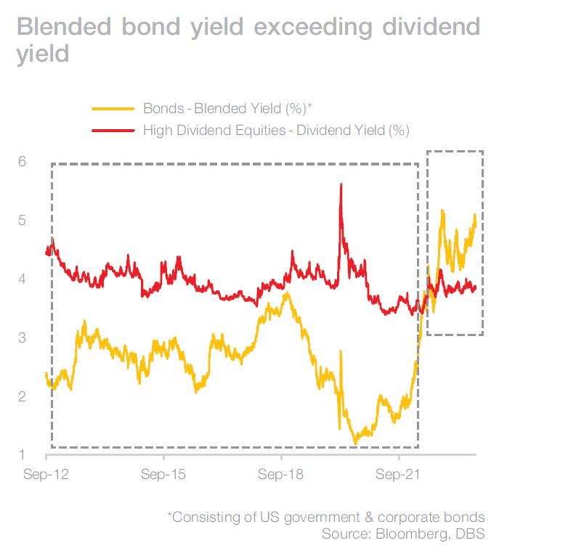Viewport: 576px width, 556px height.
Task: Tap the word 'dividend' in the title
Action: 427,26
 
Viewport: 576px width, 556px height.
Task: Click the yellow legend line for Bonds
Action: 113,108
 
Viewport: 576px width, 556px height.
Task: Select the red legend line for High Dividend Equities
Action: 113,130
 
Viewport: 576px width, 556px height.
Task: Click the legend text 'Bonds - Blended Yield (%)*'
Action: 227,108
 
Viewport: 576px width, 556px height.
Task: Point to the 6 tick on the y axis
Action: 23,161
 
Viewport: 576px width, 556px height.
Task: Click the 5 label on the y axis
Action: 23,220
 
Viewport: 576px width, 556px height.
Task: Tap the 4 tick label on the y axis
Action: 23,279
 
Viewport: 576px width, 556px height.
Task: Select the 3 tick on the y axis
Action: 23,338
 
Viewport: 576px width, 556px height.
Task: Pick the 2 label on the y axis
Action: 23,396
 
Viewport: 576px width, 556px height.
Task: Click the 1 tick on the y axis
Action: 23,455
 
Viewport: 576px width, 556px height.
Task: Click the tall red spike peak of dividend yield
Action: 341,185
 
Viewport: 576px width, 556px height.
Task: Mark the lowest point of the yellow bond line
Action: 355,443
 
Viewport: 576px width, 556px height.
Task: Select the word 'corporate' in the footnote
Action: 398,517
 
